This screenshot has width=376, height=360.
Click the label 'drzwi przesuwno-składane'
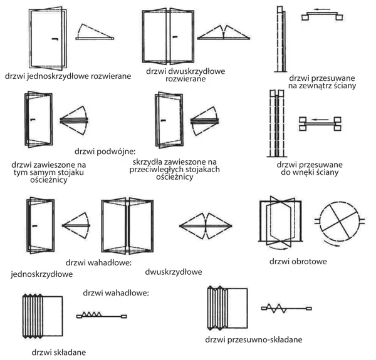[x=254, y=339]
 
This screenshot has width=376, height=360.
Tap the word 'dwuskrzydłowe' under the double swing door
[x=173, y=272]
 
